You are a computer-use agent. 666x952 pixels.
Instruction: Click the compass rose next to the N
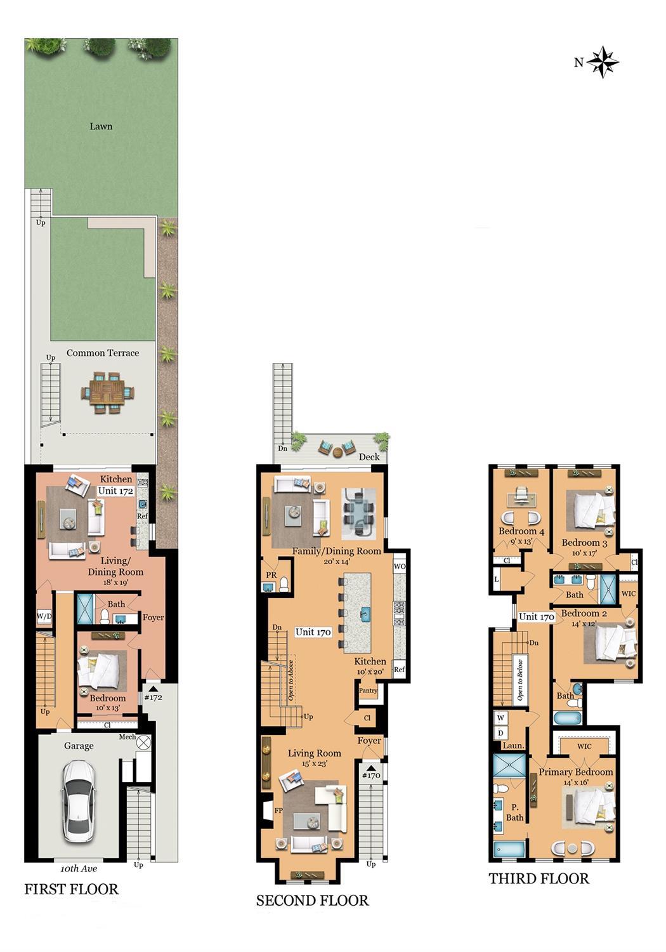pos(603,62)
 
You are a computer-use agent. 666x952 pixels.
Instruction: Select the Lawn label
pos(101,126)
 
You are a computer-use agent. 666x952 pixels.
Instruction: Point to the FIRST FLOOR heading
pos(71,889)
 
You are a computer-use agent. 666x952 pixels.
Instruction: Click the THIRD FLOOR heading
pos(539,878)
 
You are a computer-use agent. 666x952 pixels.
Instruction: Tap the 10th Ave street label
pos(79,868)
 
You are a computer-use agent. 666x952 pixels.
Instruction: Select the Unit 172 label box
pos(115,491)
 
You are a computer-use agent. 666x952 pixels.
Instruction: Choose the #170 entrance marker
pos(370,775)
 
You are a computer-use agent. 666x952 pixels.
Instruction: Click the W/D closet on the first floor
pos(44,616)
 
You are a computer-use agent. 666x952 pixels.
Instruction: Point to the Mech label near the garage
pos(127,737)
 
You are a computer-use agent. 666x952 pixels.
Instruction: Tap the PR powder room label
pos(271,575)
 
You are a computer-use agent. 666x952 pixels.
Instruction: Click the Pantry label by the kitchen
pos(368,691)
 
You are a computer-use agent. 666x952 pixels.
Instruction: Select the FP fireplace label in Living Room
pos(278,810)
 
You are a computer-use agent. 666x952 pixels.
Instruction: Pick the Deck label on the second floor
pos(369,456)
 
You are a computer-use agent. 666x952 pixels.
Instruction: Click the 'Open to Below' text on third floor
pos(520,679)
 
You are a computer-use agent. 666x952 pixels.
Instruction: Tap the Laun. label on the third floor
pos(513,746)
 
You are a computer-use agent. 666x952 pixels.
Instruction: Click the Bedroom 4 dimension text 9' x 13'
pos(522,541)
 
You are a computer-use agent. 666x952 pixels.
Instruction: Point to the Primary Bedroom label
pos(575,772)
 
